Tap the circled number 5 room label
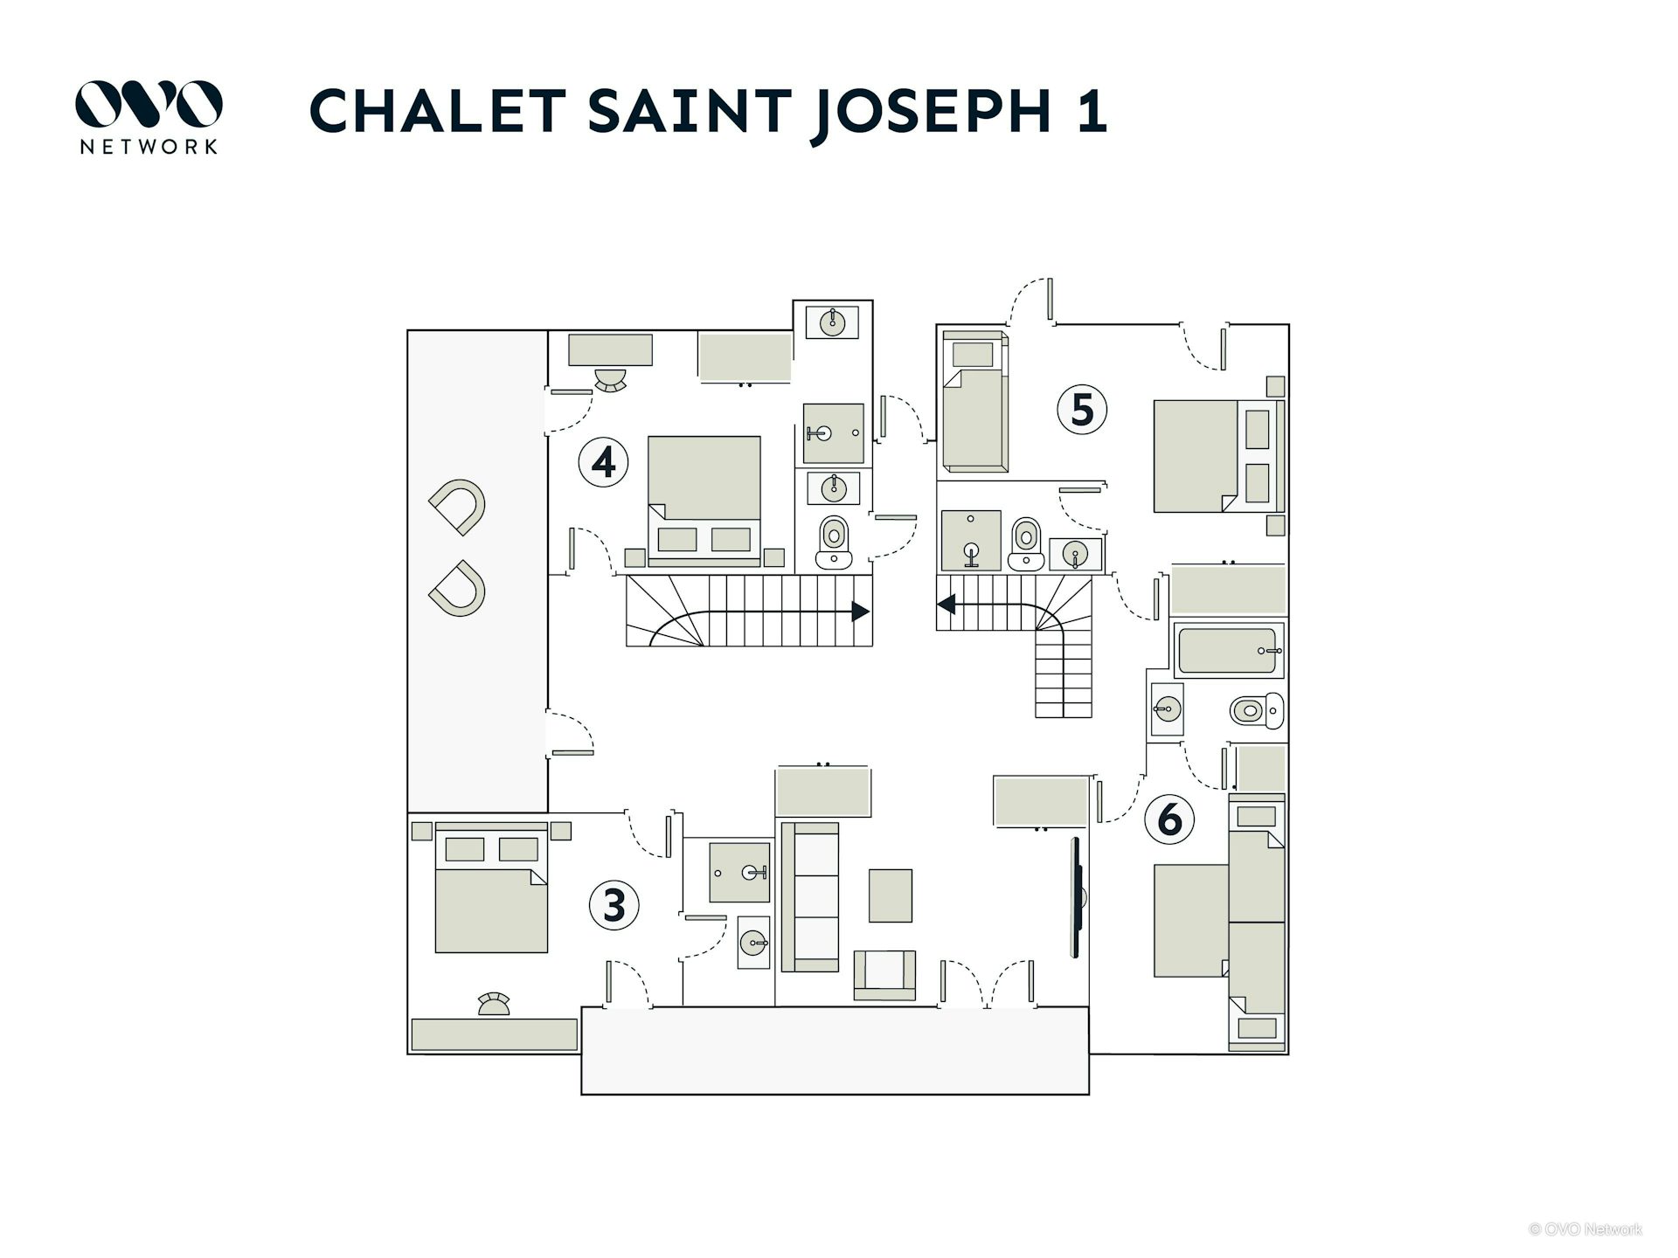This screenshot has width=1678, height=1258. [1082, 409]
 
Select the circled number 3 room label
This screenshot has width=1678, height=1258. [614, 904]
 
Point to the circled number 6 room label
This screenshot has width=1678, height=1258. [1169, 819]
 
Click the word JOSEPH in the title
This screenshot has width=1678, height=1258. [932, 111]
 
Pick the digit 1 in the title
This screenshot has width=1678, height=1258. [1092, 111]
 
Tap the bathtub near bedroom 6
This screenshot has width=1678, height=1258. [1227, 651]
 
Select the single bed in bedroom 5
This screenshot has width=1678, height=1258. [975, 402]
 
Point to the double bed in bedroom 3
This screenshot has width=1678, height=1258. [492, 891]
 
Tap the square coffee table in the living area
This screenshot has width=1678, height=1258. [890, 895]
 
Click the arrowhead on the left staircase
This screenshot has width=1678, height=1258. [860, 612]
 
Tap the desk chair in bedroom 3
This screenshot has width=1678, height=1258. [494, 1004]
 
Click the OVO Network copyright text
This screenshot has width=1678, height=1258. [1585, 1229]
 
